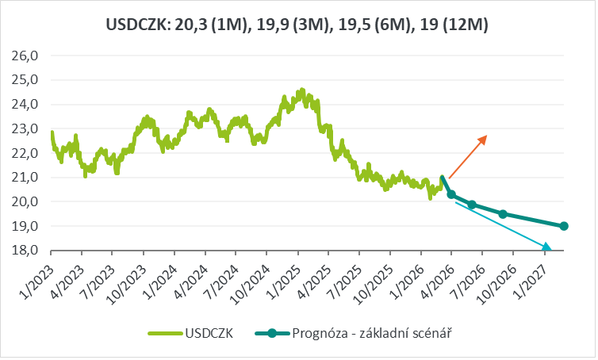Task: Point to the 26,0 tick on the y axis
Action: (x=26, y=56)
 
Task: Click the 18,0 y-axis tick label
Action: (x=26, y=251)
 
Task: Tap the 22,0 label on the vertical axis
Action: (x=26, y=153)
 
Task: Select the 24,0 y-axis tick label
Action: (x=26, y=104)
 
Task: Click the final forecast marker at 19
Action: (x=564, y=226)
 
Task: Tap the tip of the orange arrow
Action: (x=486, y=136)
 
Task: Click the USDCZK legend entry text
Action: (x=209, y=334)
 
